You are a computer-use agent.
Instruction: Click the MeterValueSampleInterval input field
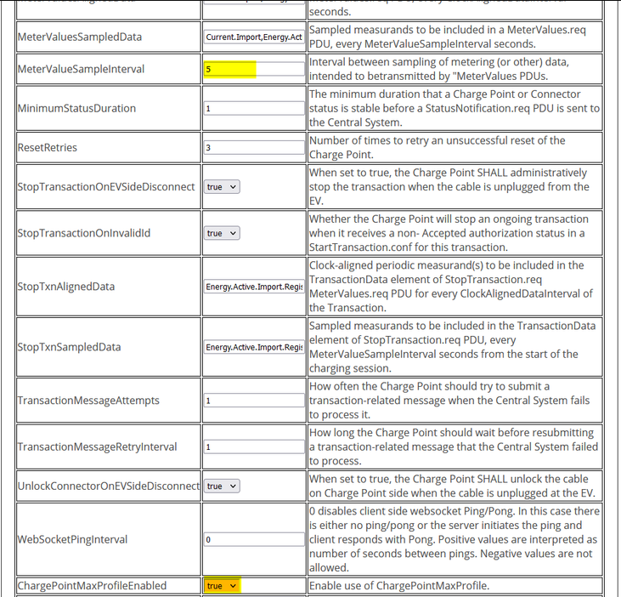tap(254, 69)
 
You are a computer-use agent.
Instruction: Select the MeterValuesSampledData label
tap(80, 37)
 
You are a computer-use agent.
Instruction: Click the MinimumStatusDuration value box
tap(254, 109)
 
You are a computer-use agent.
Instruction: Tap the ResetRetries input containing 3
tap(254, 147)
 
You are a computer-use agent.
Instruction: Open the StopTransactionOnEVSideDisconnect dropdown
tap(222, 186)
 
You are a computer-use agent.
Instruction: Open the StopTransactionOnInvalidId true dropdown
tap(222, 233)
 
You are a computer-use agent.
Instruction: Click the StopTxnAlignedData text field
tap(254, 287)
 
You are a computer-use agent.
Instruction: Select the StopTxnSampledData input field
tap(254, 347)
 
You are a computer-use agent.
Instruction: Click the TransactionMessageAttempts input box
tap(254, 401)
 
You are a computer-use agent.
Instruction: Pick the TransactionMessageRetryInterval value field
tap(254, 446)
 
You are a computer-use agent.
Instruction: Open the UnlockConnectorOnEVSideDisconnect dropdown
tap(222, 486)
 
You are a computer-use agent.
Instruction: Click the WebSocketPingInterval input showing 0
tap(254, 539)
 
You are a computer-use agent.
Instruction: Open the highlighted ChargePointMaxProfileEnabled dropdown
tap(222, 586)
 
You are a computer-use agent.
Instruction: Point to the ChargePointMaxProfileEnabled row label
tap(92, 586)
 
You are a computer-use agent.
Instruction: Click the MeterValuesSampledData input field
tap(254, 37)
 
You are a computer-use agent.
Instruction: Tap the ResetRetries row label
tap(48, 147)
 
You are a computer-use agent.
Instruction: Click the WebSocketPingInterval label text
tap(72, 539)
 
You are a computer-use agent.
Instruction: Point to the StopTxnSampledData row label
tap(70, 347)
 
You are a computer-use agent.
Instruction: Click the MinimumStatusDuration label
tap(76, 109)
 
